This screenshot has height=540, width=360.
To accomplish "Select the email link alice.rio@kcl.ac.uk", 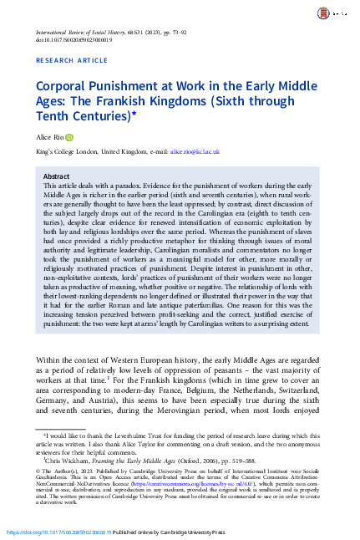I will (195, 152).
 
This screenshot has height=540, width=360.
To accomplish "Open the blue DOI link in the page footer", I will (58, 532).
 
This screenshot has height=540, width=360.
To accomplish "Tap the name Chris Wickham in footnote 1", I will (68, 460).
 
